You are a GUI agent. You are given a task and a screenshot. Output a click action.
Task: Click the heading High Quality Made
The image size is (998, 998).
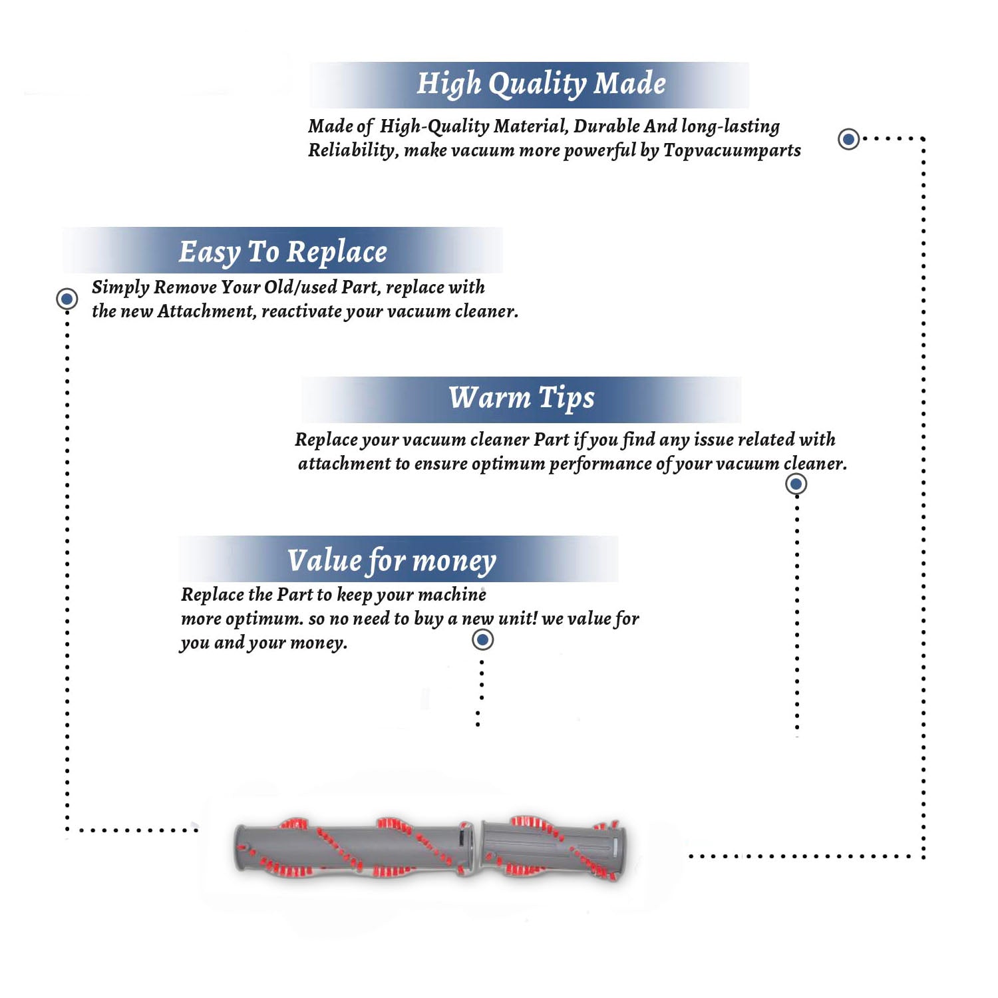click(541, 84)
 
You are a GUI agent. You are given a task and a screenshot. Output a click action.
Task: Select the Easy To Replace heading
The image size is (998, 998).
click(283, 253)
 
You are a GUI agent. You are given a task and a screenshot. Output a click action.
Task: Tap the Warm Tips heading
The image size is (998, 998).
click(521, 399)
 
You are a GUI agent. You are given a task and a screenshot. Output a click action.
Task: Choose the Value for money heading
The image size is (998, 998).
click(392, 561)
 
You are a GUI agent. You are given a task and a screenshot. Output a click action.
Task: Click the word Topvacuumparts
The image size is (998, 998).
click(732, 151)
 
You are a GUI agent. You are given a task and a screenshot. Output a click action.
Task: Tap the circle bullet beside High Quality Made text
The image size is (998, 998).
click(848, 139)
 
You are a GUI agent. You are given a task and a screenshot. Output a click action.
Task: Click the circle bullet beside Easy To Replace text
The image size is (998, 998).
click(67, 299)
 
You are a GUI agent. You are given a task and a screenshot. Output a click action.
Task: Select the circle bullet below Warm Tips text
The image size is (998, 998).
click(796, 484)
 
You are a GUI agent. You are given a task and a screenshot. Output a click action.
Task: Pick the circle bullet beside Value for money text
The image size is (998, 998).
click(482, 640)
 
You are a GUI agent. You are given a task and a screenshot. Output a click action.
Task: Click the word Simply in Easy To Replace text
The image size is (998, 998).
click(120, 287)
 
